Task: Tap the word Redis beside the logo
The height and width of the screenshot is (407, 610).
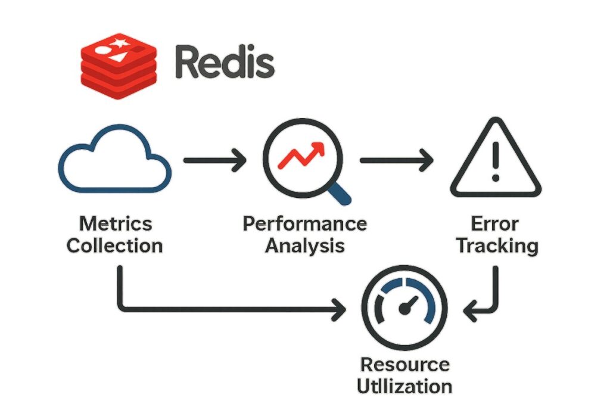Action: pos(225,62)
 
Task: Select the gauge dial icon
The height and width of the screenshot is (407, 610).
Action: pos(405,308)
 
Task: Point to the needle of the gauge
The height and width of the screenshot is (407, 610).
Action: pos(409,305)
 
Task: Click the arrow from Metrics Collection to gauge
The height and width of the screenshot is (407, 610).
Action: pos(226,309)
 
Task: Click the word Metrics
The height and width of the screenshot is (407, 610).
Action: pos(116,225)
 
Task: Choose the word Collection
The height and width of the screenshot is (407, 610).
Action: pos(115,246)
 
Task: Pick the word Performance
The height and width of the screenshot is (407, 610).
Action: pos(304,225)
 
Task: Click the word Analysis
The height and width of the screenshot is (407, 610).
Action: pos(304,245)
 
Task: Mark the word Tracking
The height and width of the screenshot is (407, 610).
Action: pos(495,246)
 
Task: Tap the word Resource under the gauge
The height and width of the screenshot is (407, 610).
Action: pos(405,364)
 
